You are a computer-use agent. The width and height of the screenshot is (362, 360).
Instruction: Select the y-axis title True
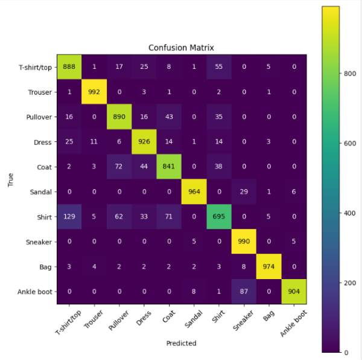(10, 179)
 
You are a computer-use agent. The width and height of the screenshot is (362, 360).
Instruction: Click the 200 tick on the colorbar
(348, 282)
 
